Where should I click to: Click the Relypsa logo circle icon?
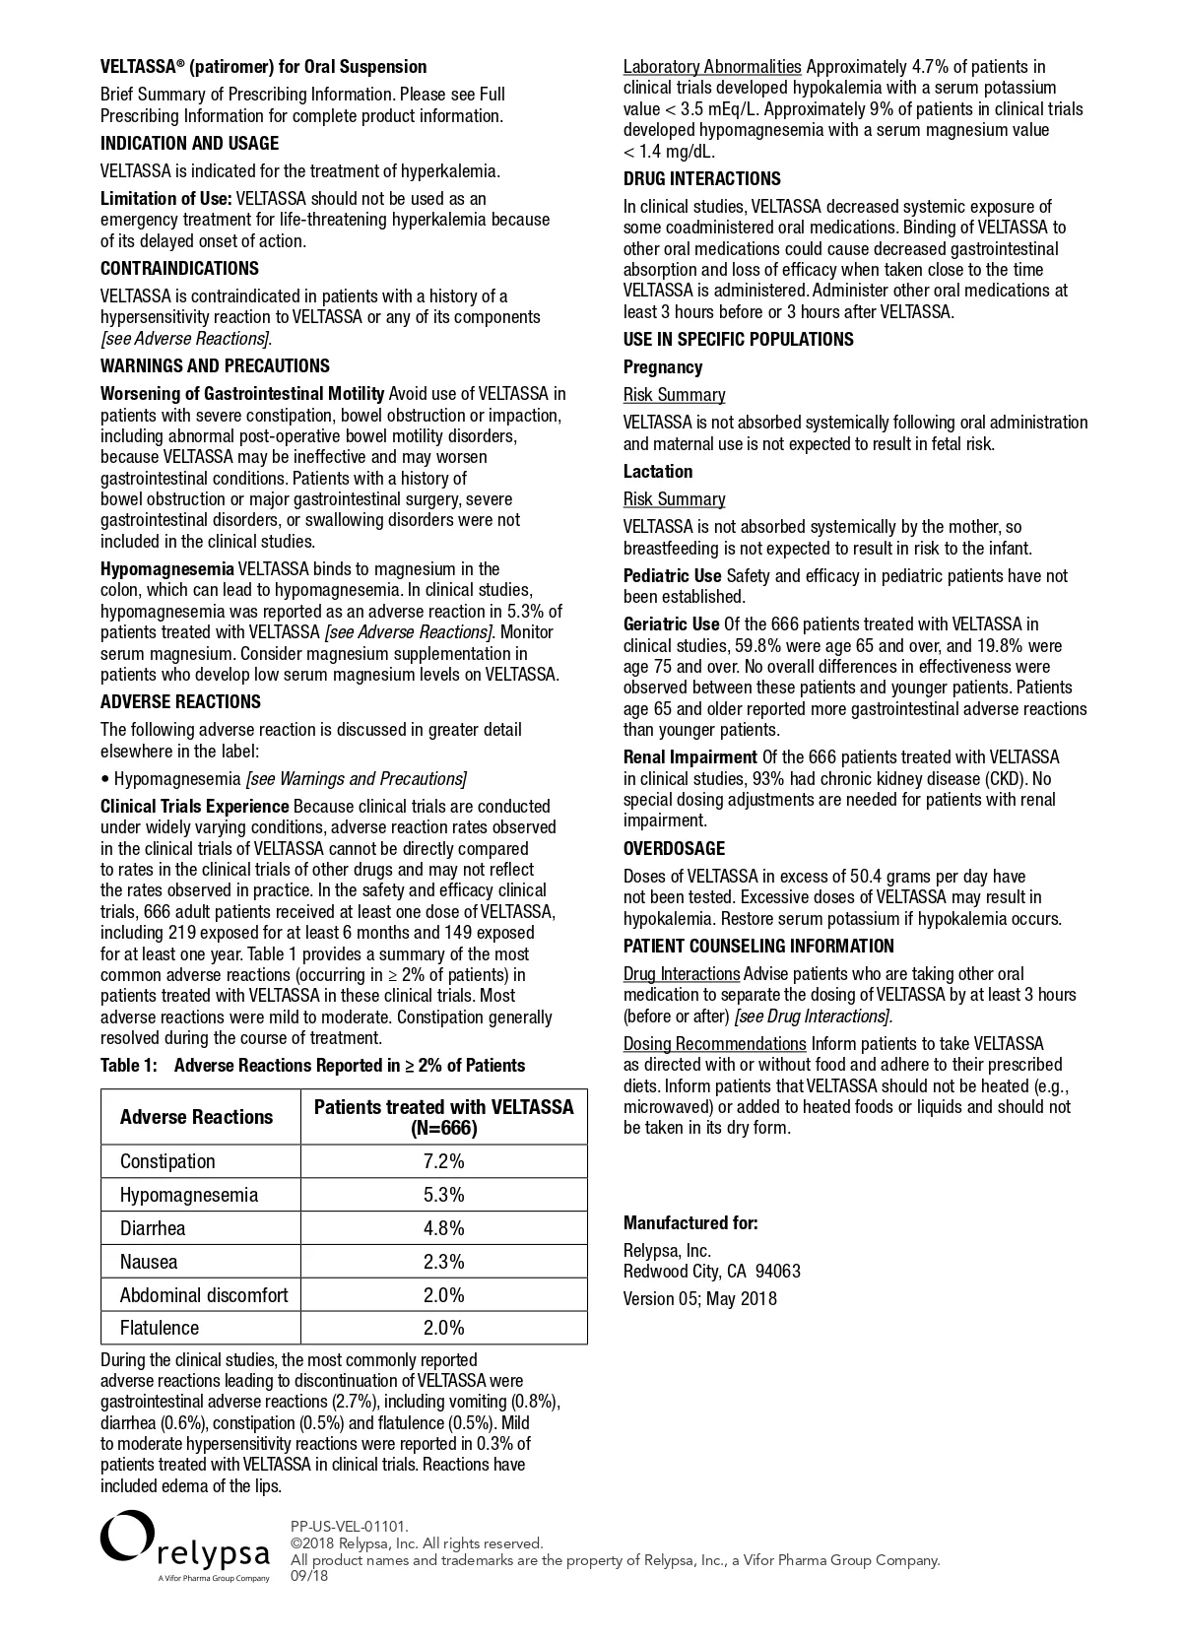pos(127,1537)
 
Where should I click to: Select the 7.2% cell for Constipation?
pos(443,1161)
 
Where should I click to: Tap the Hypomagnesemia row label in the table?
pos(189,1195)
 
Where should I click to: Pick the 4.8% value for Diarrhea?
pos(443,1228)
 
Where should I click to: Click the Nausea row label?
pos(149,1262)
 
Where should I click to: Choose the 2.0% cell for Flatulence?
pos(443,1328)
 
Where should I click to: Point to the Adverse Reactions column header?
pos(196,1117)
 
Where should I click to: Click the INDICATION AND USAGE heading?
pos(189,144)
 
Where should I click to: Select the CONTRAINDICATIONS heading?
pos(179,269)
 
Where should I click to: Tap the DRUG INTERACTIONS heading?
pos(701,179)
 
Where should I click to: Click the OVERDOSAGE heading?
pos(674,849)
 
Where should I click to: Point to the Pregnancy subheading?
pos(663,367)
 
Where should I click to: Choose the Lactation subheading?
pos(658,472)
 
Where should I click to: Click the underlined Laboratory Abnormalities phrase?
pos(712,67)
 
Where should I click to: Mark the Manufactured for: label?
pos(690,1223)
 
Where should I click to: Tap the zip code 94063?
pos(777,1272)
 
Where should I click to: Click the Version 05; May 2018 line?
pos(699,1299)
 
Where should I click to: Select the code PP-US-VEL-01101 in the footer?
pos(349,1527)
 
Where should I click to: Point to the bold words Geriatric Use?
pos(671,624)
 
